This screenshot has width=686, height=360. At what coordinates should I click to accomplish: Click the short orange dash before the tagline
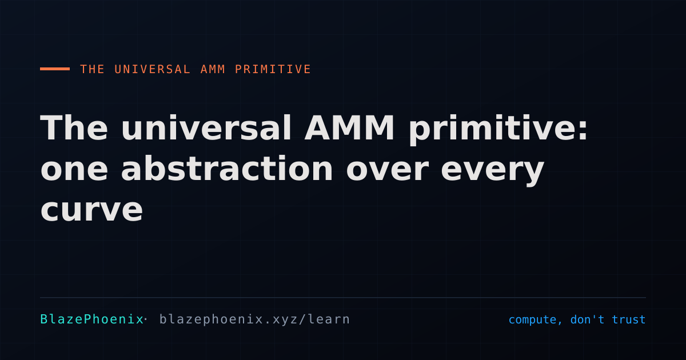click(55, 69)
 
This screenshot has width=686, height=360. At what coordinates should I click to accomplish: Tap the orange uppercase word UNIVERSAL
click(152, 69)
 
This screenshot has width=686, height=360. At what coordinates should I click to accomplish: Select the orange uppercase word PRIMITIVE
click(273, 69)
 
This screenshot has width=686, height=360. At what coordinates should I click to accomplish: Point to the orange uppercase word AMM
click(213, 69)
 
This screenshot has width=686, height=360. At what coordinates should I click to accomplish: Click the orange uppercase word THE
click(92, 69)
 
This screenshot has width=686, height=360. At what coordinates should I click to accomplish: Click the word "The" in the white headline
click(74, 127)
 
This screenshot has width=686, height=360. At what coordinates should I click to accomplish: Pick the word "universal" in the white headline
click(206, 127)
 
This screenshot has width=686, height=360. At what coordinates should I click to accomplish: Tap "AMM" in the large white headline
click(349, 127)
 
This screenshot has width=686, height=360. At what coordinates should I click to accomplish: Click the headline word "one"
click(74, 170)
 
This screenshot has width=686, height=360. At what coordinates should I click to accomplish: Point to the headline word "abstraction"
click(227, 168)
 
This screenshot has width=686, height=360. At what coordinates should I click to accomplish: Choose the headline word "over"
click(387, 170)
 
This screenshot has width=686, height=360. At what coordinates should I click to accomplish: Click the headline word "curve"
click(91, 211)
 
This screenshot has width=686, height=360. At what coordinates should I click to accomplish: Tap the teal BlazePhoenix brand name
click(92, 319)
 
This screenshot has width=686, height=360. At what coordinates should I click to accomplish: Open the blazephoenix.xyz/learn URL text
click(254, 319)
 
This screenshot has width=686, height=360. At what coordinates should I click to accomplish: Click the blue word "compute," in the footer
click(535, 320)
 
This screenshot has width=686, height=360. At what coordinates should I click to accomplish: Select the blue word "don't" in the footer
click(588, 319)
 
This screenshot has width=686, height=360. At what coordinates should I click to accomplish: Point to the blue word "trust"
click(628, 319)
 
